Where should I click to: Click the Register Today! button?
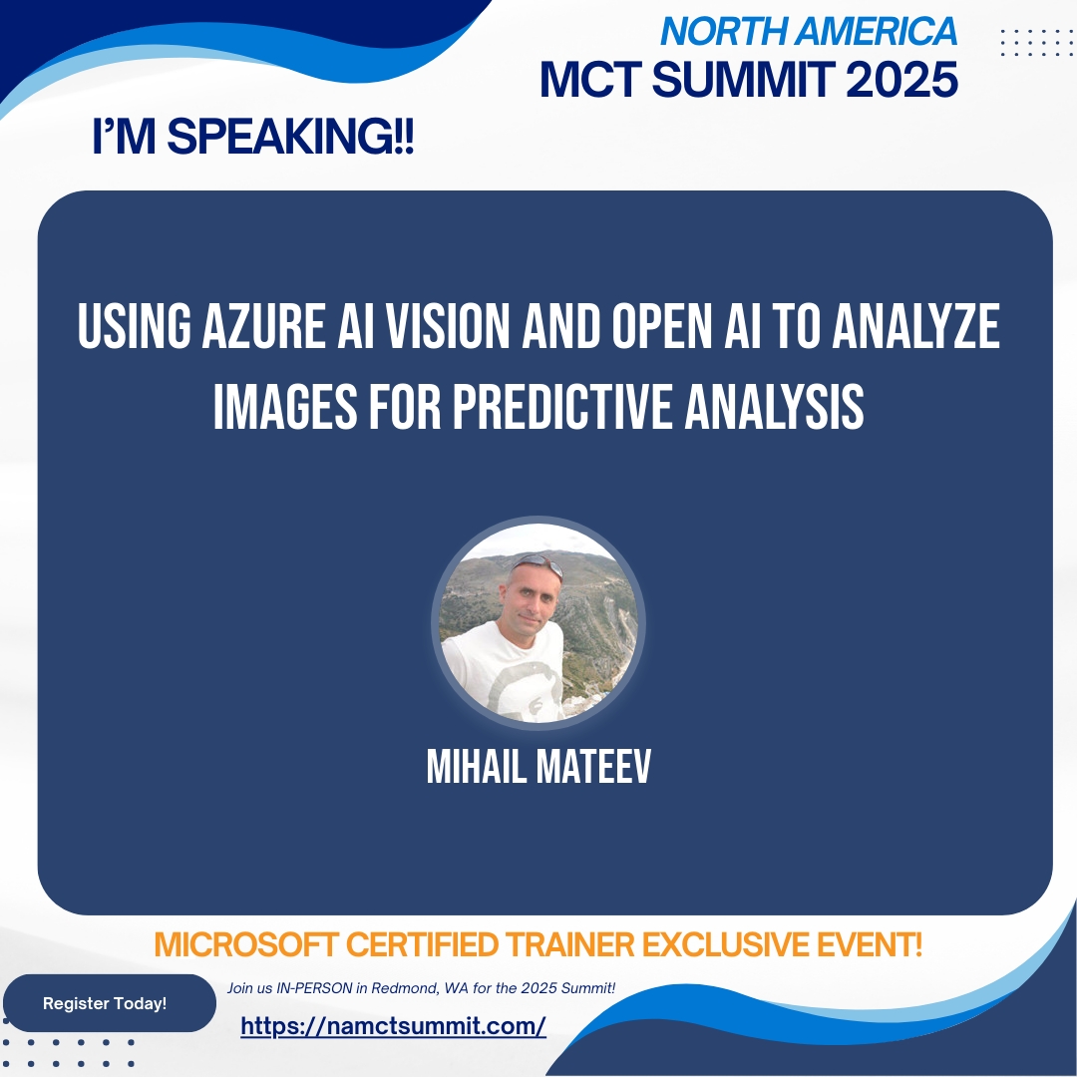[105, 1003]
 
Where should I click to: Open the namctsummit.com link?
[393, 1026]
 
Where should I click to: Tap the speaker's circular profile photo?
[538, 622]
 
